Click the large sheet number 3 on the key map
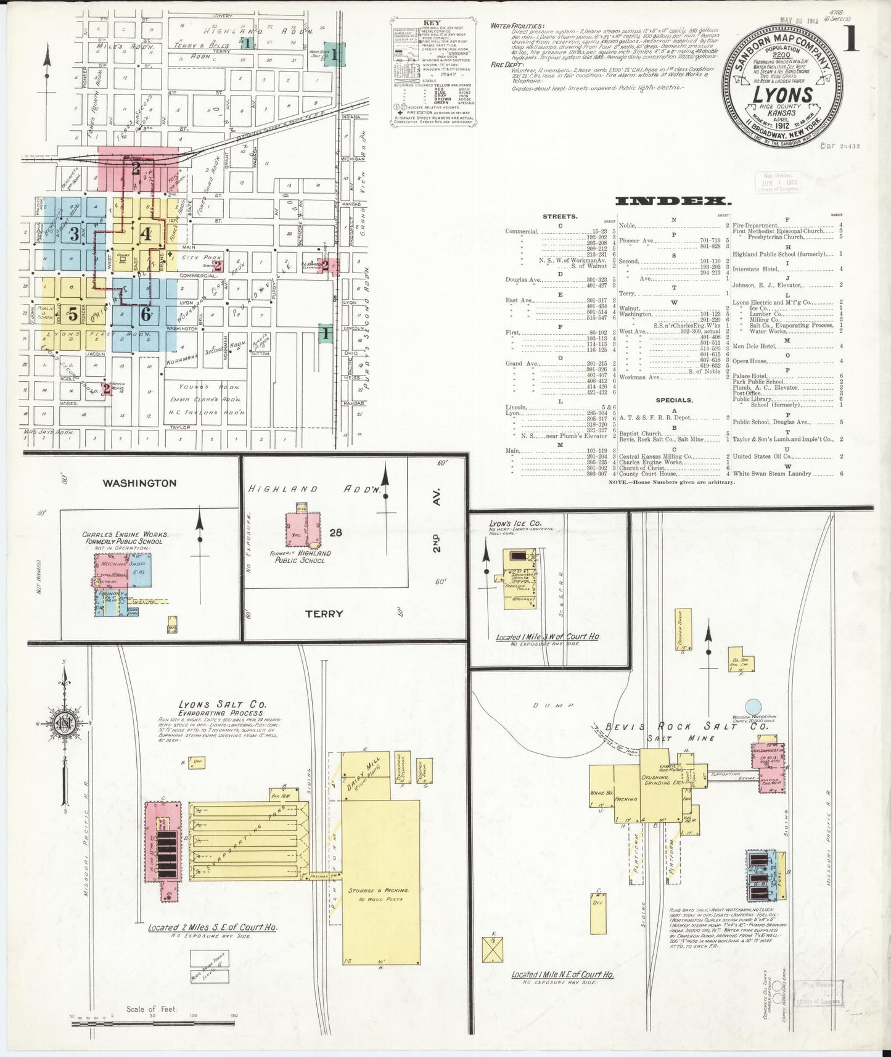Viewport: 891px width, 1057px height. tap(75, 234)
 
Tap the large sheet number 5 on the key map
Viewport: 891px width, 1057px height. tap(73, 314)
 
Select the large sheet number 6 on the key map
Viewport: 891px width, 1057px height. tap(146, 313)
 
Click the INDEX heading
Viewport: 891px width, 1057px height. tap(673, 201)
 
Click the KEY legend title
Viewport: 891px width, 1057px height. tap(432, 23)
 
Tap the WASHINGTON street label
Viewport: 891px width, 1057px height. tap(140, 483)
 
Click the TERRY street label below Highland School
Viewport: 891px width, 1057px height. tap(324, 614)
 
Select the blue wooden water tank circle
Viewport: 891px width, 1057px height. tap(752, 707)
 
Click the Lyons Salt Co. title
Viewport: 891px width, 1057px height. tap(213, 704)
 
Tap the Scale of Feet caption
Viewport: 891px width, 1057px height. tap(152, 1009)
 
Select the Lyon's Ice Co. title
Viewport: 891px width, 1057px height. tap(515, 523)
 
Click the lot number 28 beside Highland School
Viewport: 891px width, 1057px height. tap(335, 532)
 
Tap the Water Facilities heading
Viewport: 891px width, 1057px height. tap(518, 27)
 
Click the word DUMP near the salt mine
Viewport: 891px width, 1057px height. tap(562, 705)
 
